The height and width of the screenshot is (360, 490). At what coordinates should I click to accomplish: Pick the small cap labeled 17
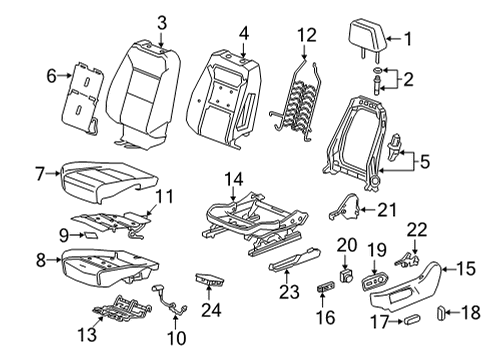(x=408, y=321)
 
